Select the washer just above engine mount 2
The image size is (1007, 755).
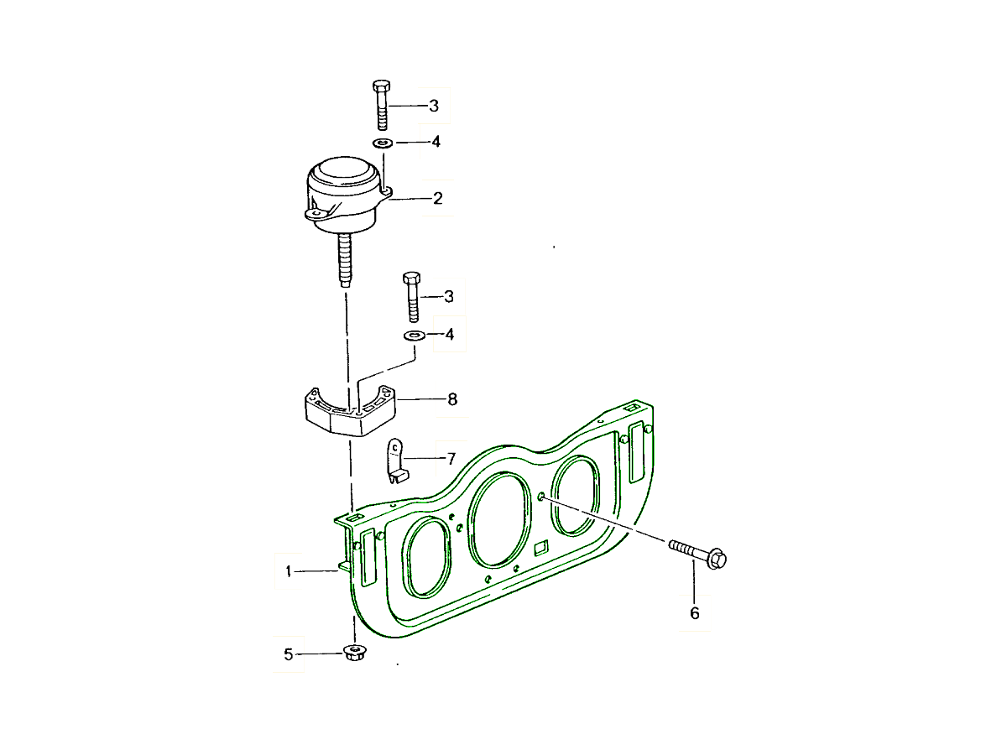383,143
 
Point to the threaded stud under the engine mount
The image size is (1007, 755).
345,260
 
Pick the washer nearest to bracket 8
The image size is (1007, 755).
412,336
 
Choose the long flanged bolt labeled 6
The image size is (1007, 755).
699,555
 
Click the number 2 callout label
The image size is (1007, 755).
437,199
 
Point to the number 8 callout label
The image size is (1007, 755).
452,399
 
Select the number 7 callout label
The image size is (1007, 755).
451,459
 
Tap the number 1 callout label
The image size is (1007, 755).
289,571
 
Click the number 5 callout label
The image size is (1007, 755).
289,654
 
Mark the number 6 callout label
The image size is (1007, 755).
694,613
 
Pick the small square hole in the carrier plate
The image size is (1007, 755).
541,549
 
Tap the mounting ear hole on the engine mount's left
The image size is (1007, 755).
316,215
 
